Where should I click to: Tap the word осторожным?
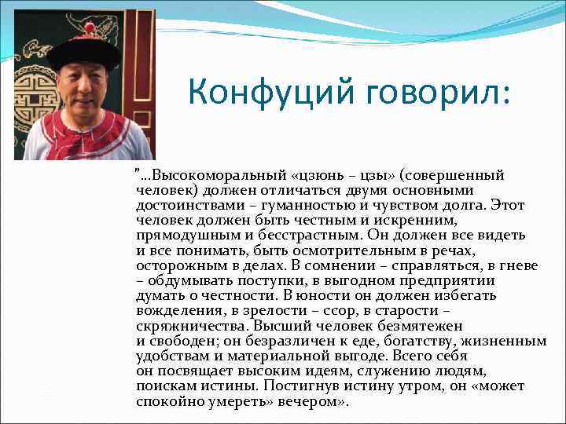coord(172,265)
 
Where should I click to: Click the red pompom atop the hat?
coord(89,29)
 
